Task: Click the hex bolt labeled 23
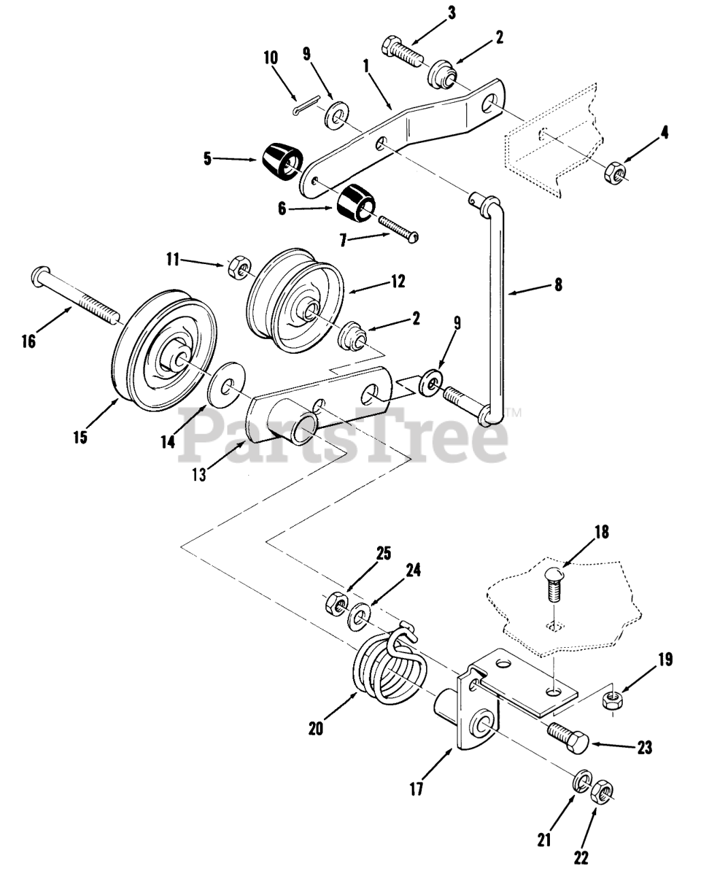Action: pyautogui.click(x=568, y=736)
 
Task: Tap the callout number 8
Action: pyautogui.click(x=558, y=286)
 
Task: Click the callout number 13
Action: pyautogui.click(x=199, y=476)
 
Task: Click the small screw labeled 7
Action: pyautogui.click(x=396, y=228)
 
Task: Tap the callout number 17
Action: pyautogui.click(x=417, y=789)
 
